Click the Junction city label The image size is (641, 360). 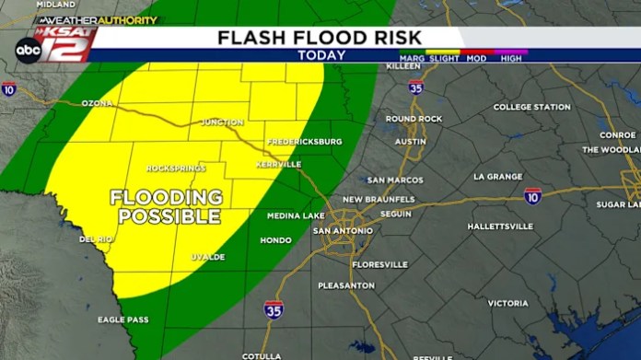pos(222,122)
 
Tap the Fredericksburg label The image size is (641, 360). pos(305,141)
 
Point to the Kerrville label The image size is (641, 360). pos(278,164)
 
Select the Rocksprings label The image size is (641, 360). pos(175,168)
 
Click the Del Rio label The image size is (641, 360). pos(95,238)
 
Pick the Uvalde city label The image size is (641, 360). pos(208,256)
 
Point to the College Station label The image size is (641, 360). pos(531,107)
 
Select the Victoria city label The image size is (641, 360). pos(507,302)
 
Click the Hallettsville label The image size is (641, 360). pos(500,226)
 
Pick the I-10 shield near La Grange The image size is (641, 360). pos(532,196)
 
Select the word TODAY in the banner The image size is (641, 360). pos(321,55)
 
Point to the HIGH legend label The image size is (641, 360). pos(512,57)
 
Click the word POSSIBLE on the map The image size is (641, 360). pos(170,216)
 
